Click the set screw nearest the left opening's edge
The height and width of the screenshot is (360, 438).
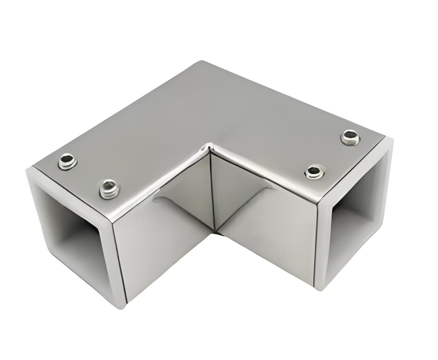pos(67,161)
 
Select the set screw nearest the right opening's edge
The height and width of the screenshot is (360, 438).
pos(350,137)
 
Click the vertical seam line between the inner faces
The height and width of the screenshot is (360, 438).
pos(213,192)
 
